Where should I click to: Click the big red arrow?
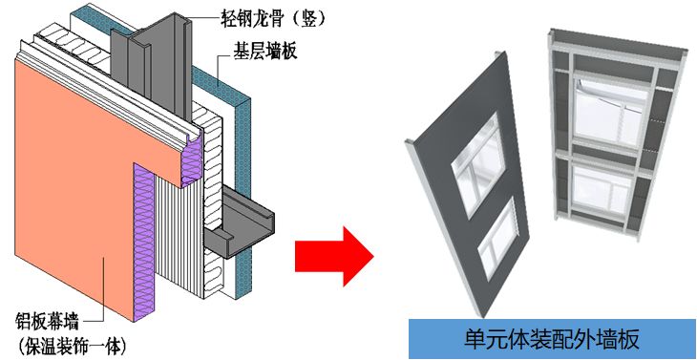point(331,254)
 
